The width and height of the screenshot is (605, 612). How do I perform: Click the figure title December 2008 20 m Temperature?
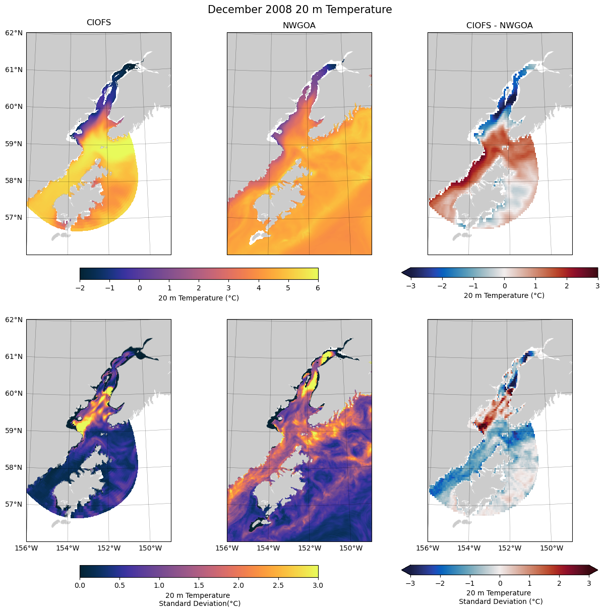coord(299,10)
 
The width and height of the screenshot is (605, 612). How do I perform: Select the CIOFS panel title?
coord(99,23)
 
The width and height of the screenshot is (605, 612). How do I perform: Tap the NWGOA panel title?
coord(299,25)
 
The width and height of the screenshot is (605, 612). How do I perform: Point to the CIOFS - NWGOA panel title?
coord(499,25)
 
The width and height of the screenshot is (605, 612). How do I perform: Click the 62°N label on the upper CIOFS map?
coord(14,33)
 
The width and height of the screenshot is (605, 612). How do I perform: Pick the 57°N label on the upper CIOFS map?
coord(14,217)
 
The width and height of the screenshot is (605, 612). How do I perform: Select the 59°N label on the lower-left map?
coord(14,431)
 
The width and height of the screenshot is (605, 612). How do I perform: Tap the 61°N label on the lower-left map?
coord(14,356)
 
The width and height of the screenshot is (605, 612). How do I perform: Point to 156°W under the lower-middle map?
coord(227,548)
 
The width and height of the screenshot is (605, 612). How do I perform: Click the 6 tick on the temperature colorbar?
coord(318,288)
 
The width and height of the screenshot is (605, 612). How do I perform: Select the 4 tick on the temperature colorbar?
coord(259,288)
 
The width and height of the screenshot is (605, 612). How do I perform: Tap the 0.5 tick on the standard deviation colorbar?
coord(119,585)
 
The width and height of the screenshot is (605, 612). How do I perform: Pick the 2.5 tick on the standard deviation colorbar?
coord(278,585)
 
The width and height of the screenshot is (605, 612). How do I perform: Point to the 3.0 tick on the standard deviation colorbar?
coord(318,585)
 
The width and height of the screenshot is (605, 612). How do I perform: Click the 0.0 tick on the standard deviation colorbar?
coord(80,585)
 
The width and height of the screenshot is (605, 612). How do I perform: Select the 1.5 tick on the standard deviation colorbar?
coord(199,585)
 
